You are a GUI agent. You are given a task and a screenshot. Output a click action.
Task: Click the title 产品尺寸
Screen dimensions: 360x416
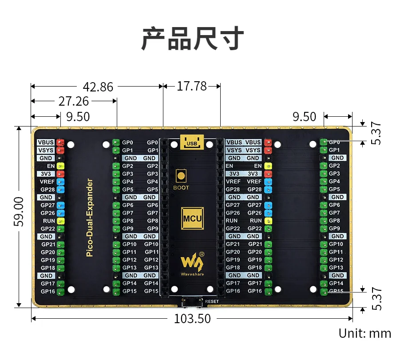pyautogui.click(x=193, y=38)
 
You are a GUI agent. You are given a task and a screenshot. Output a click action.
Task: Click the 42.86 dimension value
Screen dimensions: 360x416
pyautogui.click(x=98, y=87)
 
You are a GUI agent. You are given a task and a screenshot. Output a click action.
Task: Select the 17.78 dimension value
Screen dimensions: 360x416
pyautogui.click(x=192, y=86)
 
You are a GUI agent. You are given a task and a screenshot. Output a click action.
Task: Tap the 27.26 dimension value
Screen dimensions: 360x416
pyautogui.click(x=74, y=101)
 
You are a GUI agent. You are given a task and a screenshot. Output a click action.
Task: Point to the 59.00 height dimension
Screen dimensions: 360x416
pyautogui.click(x=19, y=212)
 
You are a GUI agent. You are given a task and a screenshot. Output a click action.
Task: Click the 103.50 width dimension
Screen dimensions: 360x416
pyautogui.click(x=192, y=318)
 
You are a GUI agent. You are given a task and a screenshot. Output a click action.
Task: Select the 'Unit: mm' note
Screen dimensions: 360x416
pyautogui.click(x=365, y=333)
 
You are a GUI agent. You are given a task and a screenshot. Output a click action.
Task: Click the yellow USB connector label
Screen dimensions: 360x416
pyautogui.click(x=192, y=143)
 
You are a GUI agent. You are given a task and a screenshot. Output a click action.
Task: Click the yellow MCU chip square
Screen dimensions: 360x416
pyautogui.click(x=192, y=218)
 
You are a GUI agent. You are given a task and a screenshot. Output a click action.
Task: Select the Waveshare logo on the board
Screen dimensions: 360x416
pyautogui.click(x=192, y=264)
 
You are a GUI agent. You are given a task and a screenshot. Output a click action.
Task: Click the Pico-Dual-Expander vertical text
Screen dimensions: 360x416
pyautogui.click(x=90, y=218)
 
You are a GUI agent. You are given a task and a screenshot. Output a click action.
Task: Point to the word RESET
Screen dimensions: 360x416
pyautogui.click(x=212, y=301)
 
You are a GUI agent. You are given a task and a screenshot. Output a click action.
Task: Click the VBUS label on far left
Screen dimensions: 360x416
pyautogui.click(x=46, y=142)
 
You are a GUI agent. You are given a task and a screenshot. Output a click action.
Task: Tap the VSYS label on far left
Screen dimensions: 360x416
pyautogui.click(x=46, y=150)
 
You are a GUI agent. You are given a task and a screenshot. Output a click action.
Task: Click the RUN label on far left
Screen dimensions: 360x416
pyautogui.click(x=49, y=221)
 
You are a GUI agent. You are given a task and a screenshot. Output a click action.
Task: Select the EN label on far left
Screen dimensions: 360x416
pyautogui.click(x=51, y=166)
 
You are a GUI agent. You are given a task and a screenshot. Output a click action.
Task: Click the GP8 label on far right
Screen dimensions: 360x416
pyautogui.click(x=334, y=221)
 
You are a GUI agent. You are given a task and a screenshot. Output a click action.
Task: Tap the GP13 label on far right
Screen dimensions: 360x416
pyautogui.click(x=336, y=268)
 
